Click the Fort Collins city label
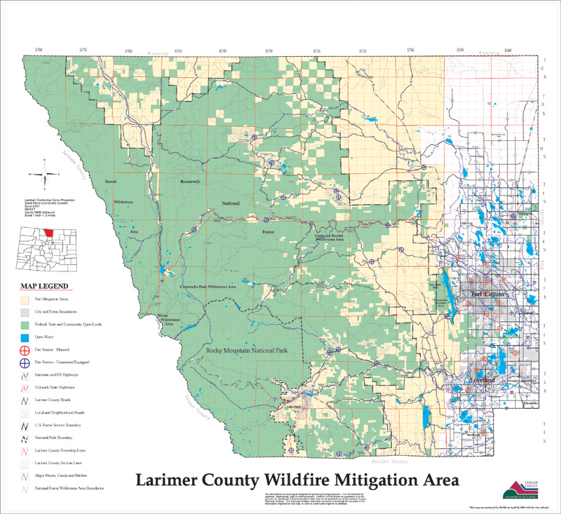click(488, 294)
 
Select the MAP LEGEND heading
click(44, 286)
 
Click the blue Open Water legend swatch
click(25, 337)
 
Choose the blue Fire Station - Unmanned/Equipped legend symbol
click(25, 363)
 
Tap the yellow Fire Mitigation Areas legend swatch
click(25, 299)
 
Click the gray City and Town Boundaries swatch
click(25, 311)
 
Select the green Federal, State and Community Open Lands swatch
click(25, 324)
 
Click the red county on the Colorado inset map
click(48, 232)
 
